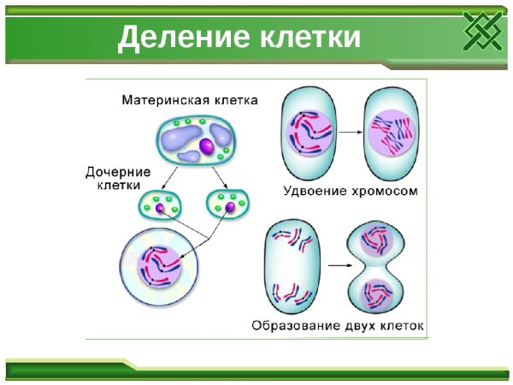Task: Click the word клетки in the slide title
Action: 303,38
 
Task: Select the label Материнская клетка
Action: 189,99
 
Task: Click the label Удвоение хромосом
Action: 351,192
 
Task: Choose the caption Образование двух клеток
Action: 339,326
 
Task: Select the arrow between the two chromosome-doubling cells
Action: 345,133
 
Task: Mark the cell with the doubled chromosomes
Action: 392,132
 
